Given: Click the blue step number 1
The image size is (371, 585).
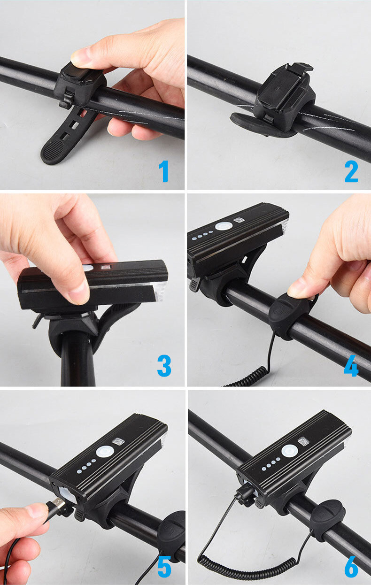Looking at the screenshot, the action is point(164,171).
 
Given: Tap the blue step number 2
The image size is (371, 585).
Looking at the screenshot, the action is point(351,171).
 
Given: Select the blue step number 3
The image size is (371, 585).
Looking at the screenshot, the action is point(164,366).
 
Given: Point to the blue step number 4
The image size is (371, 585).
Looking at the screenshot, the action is point(351,366).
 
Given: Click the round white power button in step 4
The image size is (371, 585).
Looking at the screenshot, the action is point(224,226).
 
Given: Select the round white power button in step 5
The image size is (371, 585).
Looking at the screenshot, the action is point(105,452).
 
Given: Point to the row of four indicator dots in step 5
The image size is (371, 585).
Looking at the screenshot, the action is point(86,467).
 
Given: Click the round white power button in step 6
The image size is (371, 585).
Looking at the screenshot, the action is point(289,451).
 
